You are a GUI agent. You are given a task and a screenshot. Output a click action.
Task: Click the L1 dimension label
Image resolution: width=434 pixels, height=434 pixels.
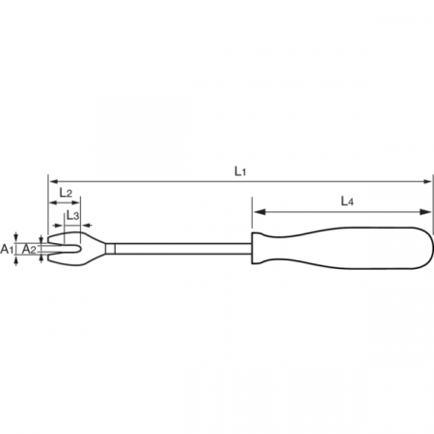[240, 171]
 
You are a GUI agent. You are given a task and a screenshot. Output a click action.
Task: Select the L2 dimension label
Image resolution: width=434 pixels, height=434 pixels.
[66, 192]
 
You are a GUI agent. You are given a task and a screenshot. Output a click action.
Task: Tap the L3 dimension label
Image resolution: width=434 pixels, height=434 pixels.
[72, 215]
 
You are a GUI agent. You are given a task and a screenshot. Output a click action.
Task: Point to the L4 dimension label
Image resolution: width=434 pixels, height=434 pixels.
[347, 202]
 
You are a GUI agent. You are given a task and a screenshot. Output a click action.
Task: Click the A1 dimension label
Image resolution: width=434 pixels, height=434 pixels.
[7, 249]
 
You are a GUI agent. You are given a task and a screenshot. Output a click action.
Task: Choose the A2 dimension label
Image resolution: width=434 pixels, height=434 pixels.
[29, 249]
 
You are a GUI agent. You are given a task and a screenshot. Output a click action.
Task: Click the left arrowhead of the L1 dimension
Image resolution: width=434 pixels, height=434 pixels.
[53, 181]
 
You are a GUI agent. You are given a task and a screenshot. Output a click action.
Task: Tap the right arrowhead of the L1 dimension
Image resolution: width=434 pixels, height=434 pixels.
[427, 181]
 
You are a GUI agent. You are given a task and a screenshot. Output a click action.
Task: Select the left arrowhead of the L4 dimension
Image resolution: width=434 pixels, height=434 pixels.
[258, 211]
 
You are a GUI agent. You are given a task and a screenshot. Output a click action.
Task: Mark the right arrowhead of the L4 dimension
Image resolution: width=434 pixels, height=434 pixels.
[426, 211]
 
